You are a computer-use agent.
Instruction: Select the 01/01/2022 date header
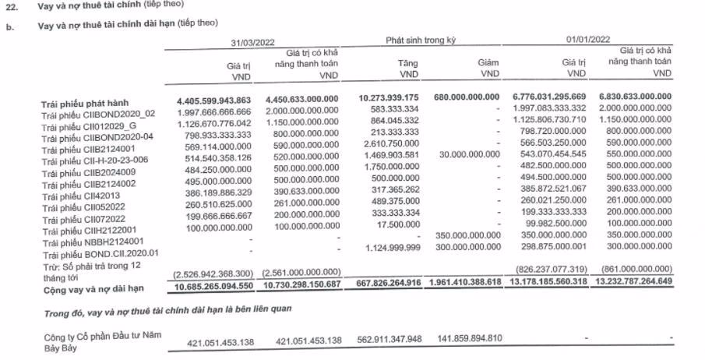[589, 38]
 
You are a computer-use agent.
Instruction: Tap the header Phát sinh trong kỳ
[419, 38]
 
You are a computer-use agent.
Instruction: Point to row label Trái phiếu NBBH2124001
[92, 242]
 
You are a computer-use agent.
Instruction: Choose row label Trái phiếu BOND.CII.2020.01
[102, 253]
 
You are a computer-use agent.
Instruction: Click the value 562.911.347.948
[387, 341]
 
